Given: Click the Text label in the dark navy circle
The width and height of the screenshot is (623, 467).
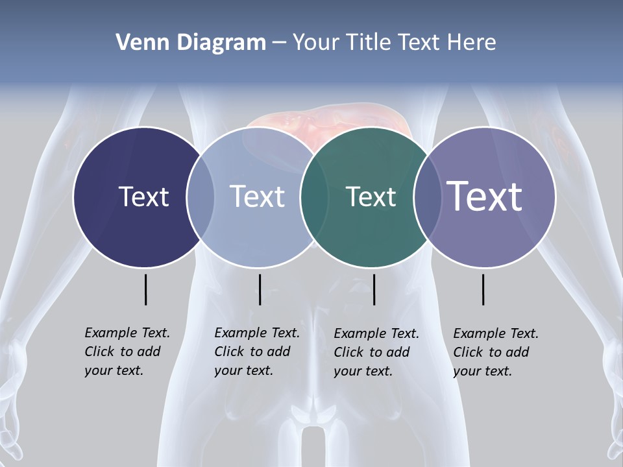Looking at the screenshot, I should point(143,197).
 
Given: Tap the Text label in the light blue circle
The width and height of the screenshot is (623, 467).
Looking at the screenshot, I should point(258,197).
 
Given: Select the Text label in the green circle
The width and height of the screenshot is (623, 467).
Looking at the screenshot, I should point(371,197).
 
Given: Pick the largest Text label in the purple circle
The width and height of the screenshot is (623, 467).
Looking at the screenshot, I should point(485,196).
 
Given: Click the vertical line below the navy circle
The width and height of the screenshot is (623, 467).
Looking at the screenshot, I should point(145,289).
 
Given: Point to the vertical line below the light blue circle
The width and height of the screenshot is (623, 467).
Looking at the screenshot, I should point(260,289).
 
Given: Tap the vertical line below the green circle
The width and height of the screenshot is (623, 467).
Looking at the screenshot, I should point(374,289).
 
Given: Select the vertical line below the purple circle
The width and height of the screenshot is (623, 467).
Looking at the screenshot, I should point(483,289).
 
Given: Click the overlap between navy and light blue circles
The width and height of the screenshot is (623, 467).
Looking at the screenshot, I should point(201,197).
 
